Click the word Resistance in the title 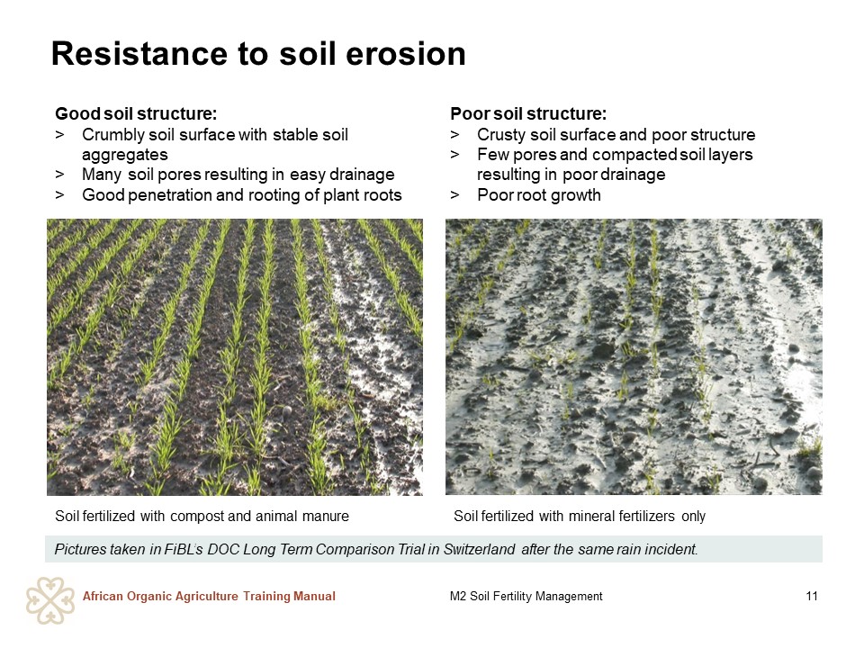pos(139,53)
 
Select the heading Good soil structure pos(136,113)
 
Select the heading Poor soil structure pos(528,113)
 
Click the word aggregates pos(124,155)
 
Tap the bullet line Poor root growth pos(539,195)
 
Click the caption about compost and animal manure pos(202,517)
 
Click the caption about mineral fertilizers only pos(579,517)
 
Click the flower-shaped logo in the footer pos(50,600)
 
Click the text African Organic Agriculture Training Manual pos(209,596)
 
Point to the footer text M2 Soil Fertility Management pos(526,596)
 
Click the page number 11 pos(812,596)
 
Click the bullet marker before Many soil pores pos(59,175)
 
